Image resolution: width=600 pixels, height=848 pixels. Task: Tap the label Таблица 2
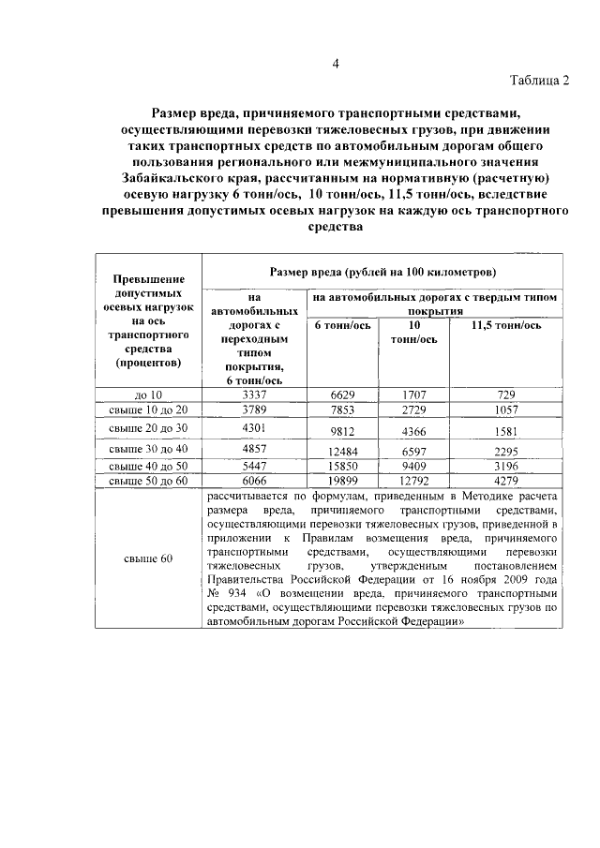(539, 80)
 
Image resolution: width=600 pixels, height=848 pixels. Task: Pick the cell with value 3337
(254, 394)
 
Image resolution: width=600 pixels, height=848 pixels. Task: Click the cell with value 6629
(342, 396)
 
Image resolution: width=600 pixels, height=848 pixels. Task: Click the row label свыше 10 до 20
(148, 410)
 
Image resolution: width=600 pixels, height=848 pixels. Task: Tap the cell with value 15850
(342, 467)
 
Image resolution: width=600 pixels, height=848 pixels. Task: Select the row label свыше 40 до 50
(148, 466)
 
